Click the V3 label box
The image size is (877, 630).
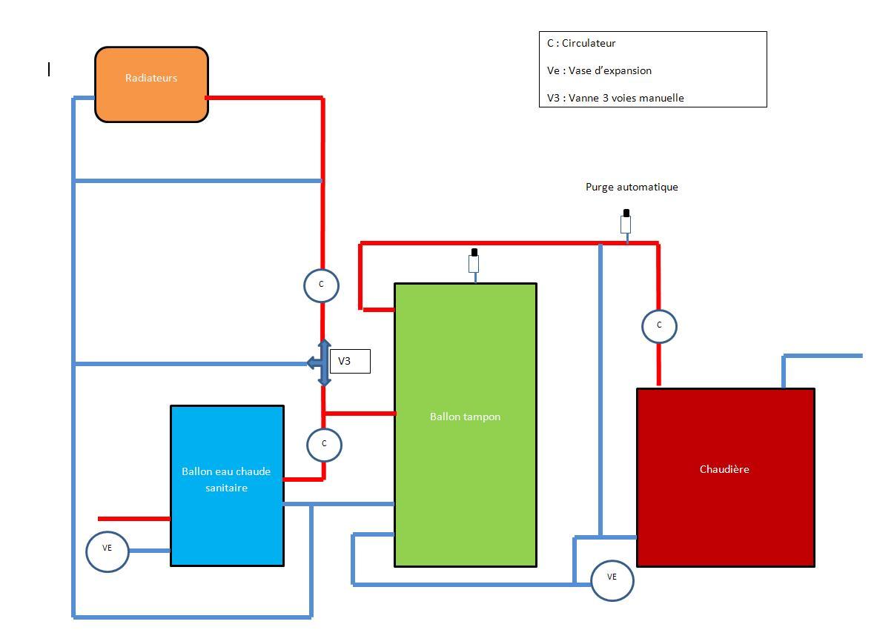tap(349, 361)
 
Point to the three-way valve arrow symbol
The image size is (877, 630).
tap(321, 362)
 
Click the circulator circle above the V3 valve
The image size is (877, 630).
tap(321, 285)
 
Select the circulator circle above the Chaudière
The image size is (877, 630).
tap(659, 325)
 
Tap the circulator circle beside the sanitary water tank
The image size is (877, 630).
tap(324, 444)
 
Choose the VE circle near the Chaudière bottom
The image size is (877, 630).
tap(612, 580)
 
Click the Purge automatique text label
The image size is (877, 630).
tap(632, 188)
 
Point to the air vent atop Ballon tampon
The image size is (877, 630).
tap(474, 262)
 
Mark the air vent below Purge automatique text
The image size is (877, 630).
tap(626, 222)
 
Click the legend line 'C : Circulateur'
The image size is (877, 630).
tap(581, 44)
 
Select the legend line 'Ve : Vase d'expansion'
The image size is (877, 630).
tap(599, 71)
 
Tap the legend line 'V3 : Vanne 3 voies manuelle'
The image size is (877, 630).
tap(615, 98)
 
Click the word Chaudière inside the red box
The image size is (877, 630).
tap(724, 469)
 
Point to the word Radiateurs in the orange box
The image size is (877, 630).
tap(151, 78)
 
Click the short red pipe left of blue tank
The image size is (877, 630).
tap(134, 519)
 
